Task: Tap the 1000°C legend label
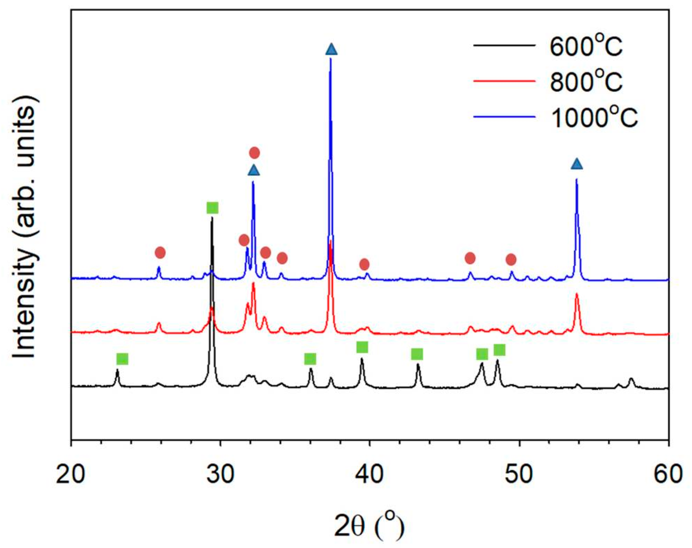[x=594, y=117]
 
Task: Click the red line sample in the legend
[x=504, y=81]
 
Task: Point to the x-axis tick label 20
[x=71, y=475]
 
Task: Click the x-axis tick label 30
[x=220, y=475]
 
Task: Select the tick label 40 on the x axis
[x=369, y=475]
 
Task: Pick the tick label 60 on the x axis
[x=668, y=475]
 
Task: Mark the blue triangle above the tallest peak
[x=331, y=50]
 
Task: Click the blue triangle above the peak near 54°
[x=576, y=164]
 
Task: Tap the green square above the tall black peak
[x=213, y=208]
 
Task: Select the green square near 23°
[x=122, y=359]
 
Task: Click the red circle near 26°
[x=160, y=253]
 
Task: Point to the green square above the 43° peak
[x=417, y=354]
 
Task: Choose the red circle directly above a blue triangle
[x=254, y=153]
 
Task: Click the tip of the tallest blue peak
[x=330, y=59]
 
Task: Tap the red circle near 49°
[x=511, y=260]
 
